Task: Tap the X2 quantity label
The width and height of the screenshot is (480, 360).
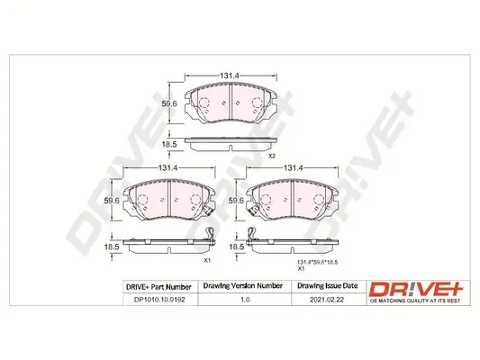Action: (x=271, y=157)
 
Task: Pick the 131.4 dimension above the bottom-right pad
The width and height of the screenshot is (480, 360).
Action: (x=293, y=168)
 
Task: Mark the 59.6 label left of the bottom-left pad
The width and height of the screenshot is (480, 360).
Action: (x=111, y=202)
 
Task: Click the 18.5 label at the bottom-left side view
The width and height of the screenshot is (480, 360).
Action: (x=111, y=245)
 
